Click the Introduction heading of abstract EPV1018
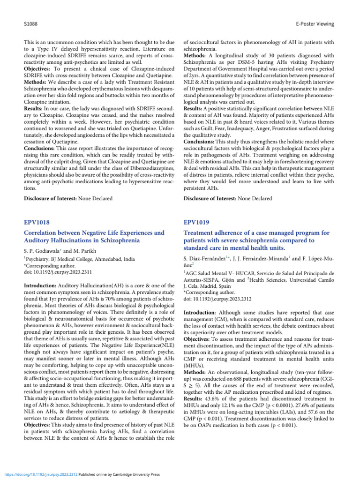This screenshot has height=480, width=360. click(x=38, y=285)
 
